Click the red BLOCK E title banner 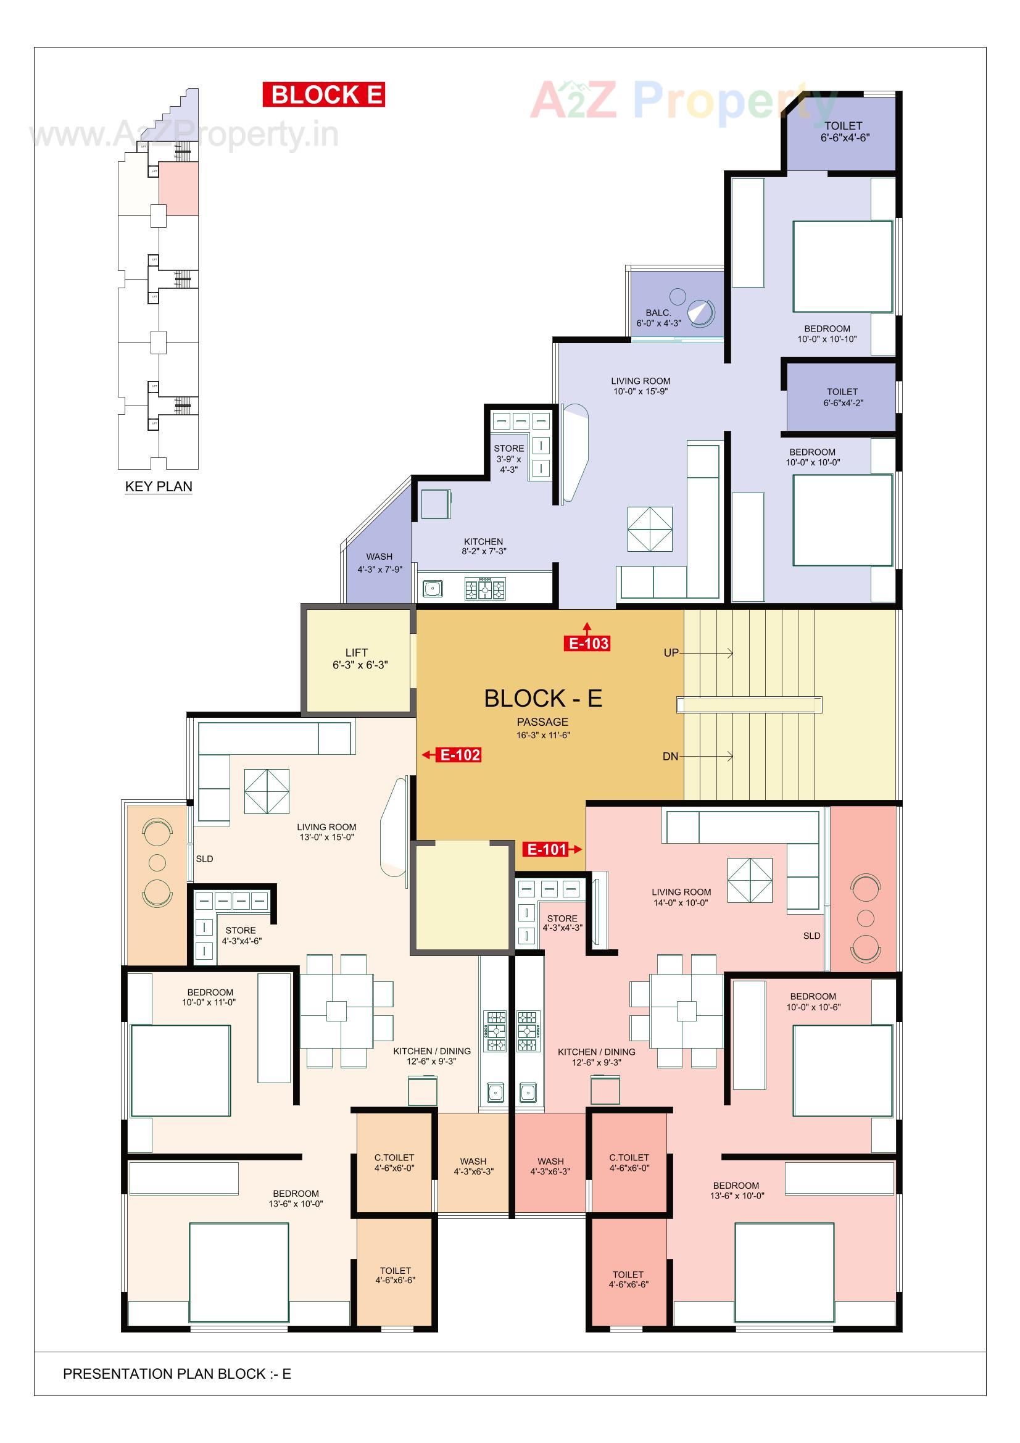click(x=323, y=95)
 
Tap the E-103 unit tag click(x=587, y=643)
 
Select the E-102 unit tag click(x=460, y=755)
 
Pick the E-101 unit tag click(x=546, y=850)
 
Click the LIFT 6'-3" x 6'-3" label click(x=359, y=659)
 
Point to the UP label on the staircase click(x=671, y=653)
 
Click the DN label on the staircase click(x=670, y=756)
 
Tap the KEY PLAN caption click(x=159, y=486)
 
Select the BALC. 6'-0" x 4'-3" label click(x=658, y=318)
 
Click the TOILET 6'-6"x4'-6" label click(x=844, y=132)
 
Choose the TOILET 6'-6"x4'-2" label click(x=842, y=397)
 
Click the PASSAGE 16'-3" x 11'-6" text click(x=542, y=727)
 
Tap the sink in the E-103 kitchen click(x=432, y=589)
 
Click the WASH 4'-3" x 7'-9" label click(x=379, y=562)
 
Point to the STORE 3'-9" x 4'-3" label click(x=508, y=458)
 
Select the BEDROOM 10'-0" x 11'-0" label click(x=209, y=997)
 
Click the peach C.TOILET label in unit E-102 click(x=394, y=1162)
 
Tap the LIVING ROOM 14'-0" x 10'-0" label click(x=681, y=897)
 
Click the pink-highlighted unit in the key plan click(x=178, y=188)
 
